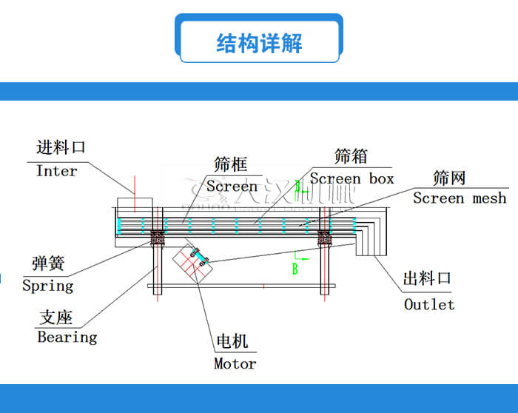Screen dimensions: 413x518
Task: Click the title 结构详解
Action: click(x=259, y=42)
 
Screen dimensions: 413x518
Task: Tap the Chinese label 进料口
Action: click(x=61, y=147)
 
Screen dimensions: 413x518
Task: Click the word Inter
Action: click(x=56, y=171)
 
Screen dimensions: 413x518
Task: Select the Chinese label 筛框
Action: click(x=230, y=164)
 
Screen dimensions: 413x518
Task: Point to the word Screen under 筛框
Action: click(x=232, y=186)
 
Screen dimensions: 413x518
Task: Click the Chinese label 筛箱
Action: click(x=351, y=156)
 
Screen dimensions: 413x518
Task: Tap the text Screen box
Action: click(x=351, y=178)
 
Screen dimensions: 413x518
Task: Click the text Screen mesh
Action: click(x=460, y=198)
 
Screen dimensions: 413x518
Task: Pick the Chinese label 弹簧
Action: click(x=48, y=263)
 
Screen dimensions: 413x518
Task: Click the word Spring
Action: click(x=48, y=286)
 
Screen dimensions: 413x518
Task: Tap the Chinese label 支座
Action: click(x=55, y=318)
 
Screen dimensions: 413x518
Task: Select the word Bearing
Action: click(x=67, y=338)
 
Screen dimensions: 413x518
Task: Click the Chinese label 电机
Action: click(x=232, y=341)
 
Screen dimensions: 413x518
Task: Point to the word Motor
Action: click(x=235, y=363)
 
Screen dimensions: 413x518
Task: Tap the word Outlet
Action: click(x=429, y=304)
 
